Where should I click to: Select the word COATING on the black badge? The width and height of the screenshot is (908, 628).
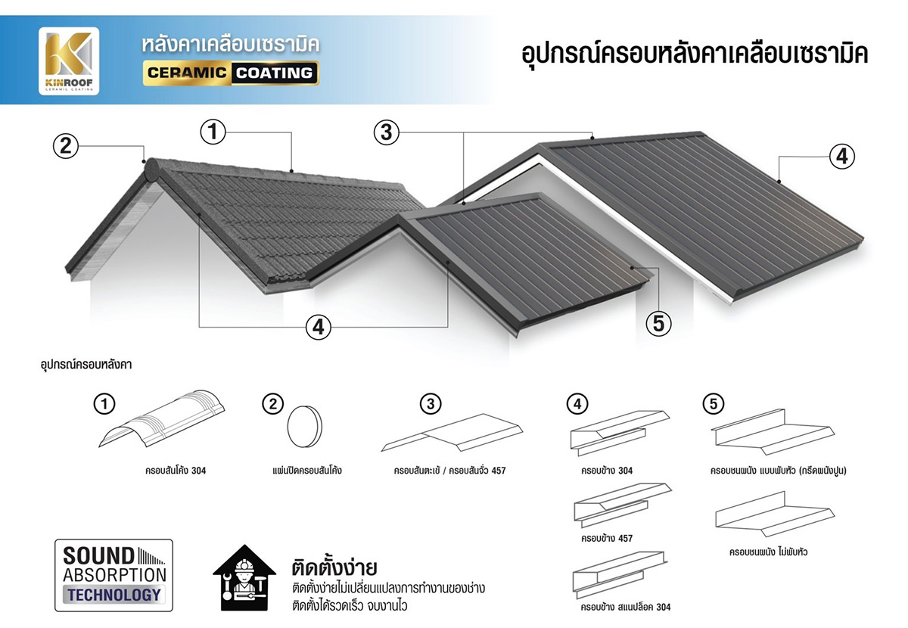[273, 73]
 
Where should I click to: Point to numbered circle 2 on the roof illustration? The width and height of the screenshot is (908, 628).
[66, 145]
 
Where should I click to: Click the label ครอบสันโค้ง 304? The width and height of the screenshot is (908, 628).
[176, 471]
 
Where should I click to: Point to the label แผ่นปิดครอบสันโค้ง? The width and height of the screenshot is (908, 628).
[306, 471]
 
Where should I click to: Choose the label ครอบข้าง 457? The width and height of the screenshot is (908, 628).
[607, 539]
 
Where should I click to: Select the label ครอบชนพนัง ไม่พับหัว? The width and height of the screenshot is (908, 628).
[768, 552]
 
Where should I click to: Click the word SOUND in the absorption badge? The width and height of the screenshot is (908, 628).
[98, 555]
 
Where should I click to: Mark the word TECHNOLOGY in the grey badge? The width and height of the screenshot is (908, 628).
[113, 595]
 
